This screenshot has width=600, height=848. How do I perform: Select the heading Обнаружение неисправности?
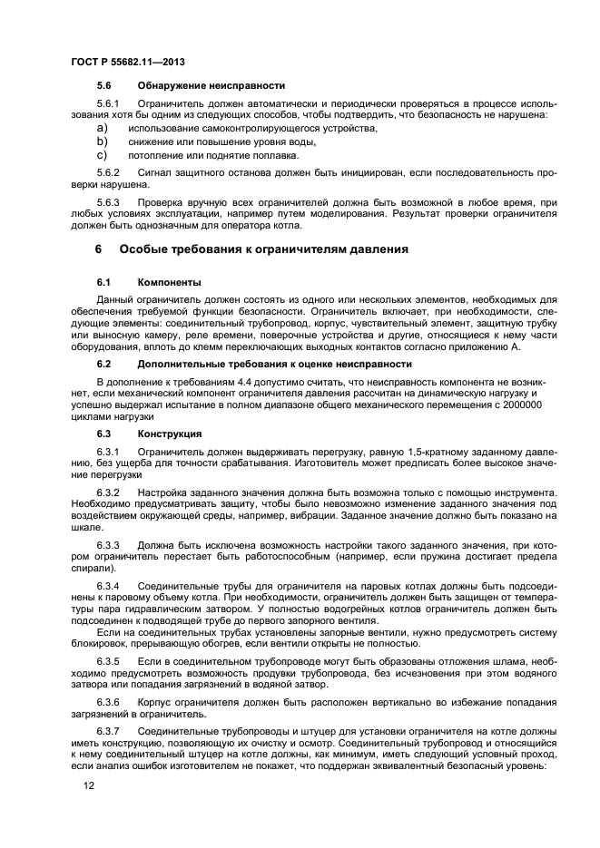211,85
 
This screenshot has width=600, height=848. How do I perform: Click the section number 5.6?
103,85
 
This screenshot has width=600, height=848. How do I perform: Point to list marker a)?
103,129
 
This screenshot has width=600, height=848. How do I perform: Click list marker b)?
103,142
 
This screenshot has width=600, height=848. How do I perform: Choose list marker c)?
103,155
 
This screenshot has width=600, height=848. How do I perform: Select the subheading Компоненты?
170,282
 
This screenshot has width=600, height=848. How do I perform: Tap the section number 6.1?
103,282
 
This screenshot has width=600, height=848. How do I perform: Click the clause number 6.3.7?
108,730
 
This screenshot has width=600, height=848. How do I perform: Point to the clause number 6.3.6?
108,704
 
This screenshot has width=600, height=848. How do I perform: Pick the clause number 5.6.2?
108,172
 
